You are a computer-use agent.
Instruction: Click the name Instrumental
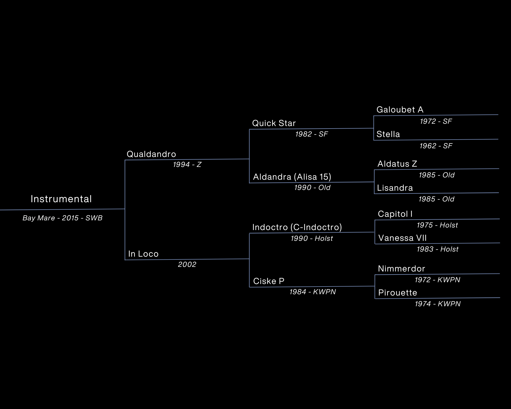point(61,199)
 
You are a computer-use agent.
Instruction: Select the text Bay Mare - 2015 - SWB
point(63,218)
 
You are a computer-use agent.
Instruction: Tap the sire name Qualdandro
point(151,154)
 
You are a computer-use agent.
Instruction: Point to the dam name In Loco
point(143,254)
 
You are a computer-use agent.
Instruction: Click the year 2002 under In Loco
point(187,264)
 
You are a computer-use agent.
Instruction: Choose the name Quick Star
point(274,123)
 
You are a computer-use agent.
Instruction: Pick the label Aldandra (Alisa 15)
point(292,177)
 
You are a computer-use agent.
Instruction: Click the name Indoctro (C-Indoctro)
point(297,227)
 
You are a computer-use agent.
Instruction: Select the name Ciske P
point(269,281)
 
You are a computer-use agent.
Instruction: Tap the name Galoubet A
point(400,110)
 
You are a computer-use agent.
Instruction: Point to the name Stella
point(388,134)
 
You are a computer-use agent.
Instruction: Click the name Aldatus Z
point(397,164)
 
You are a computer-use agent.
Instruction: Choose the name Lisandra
point(395,188)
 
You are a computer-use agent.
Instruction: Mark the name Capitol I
point(395,214)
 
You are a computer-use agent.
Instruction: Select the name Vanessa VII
point(402,238)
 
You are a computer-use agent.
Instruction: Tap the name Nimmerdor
point(401,269)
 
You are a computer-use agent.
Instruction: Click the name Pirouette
point(398,293)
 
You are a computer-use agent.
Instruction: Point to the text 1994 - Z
point(187,165)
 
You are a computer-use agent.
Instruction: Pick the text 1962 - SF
point(436,146)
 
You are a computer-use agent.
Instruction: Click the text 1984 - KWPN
point(312,292)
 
